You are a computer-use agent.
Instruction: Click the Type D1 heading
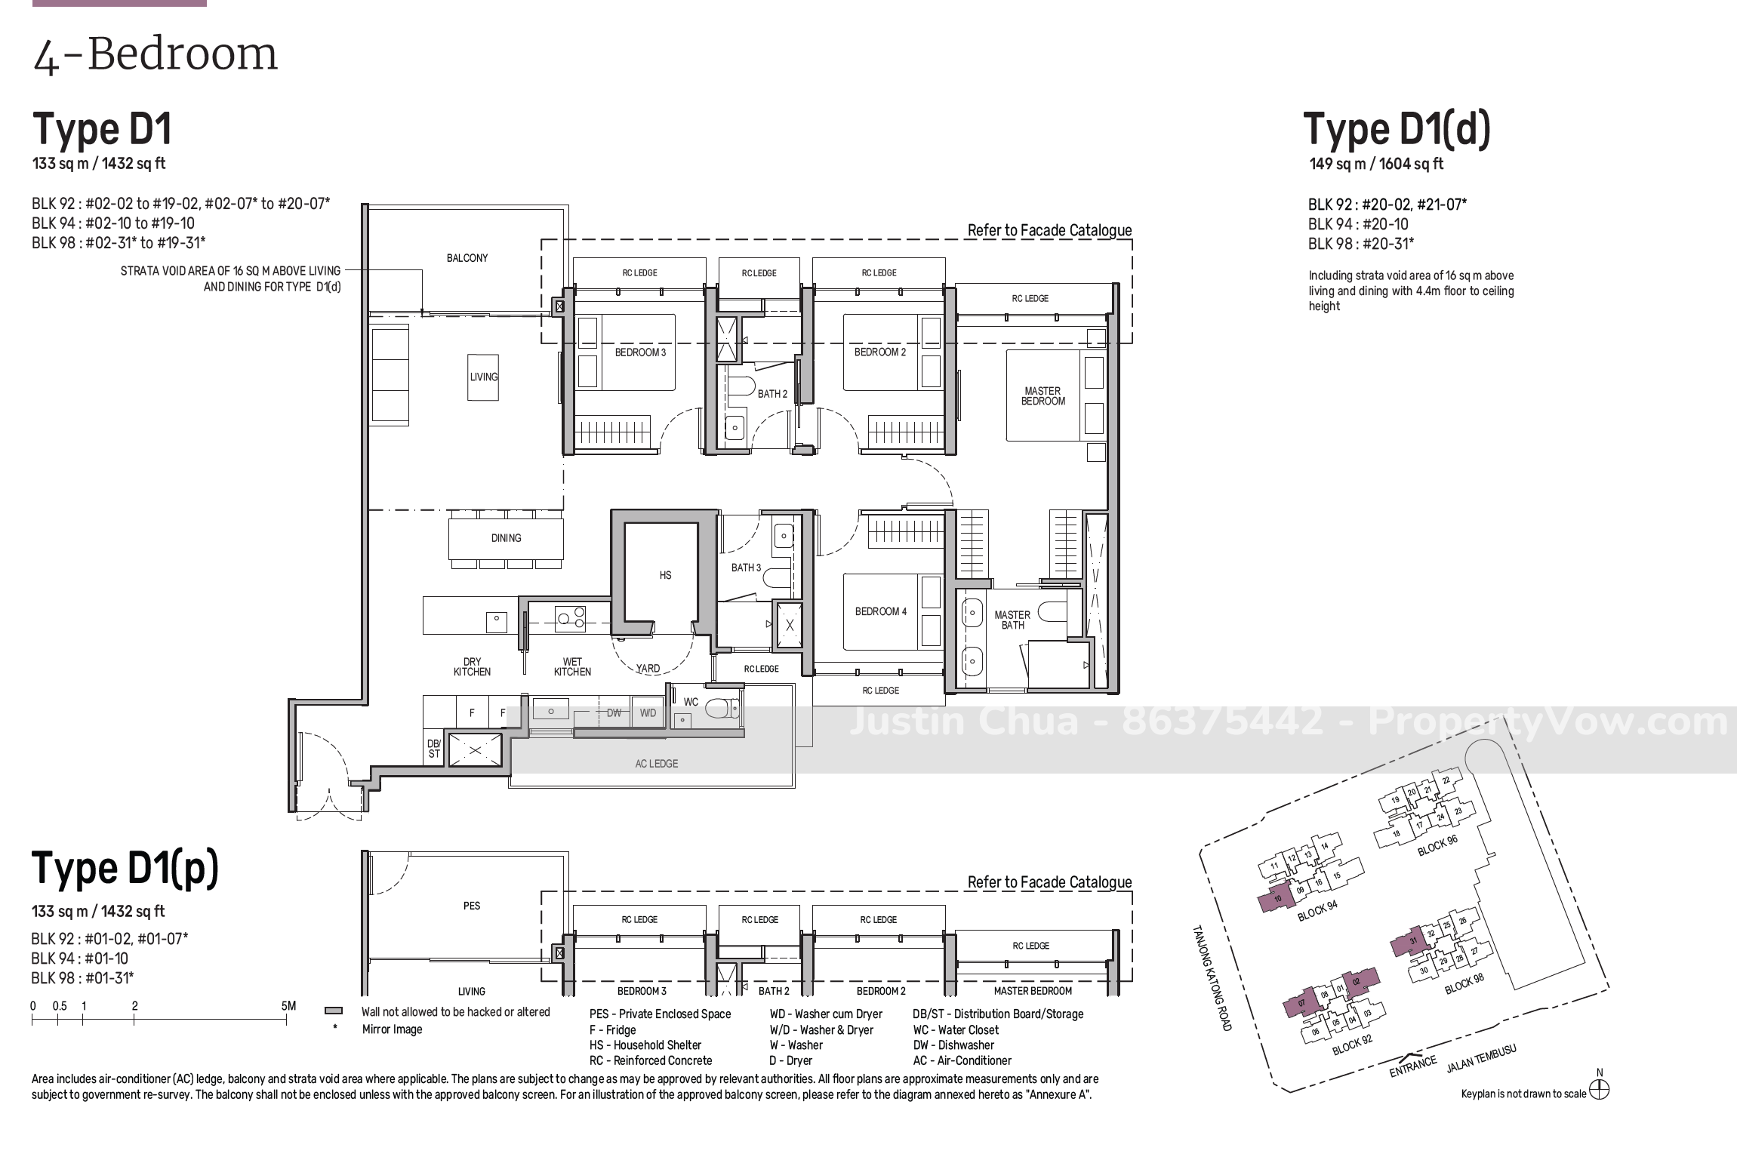102,130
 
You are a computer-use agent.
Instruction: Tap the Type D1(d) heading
1397,130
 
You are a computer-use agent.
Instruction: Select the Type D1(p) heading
125,869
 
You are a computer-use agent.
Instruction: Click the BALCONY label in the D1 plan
467,258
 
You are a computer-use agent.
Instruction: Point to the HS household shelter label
665,575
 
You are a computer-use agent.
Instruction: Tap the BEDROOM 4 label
881,611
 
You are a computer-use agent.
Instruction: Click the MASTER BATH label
1012,620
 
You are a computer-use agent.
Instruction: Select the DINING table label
506,538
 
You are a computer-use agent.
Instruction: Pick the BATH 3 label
746,568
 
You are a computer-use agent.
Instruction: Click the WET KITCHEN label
572,666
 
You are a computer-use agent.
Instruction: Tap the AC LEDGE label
656,764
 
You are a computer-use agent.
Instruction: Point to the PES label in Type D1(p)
472,906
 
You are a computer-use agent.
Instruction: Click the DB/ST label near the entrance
434,749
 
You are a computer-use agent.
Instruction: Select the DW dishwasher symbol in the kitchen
614,713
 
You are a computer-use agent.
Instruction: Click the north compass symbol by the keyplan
1599,1091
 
